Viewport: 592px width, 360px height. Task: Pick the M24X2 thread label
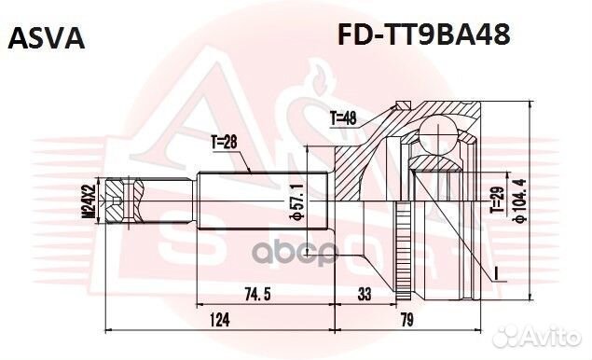[x=89, y=201]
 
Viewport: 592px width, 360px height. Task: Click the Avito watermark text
[x=550, y=335]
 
